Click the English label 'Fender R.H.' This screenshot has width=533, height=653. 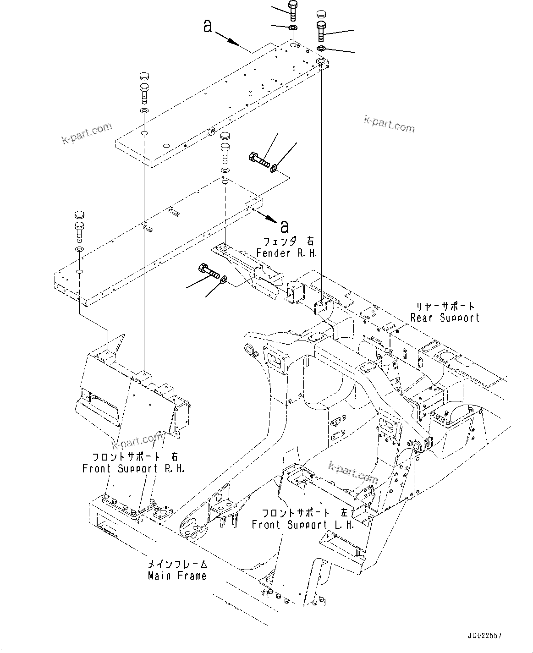point(286,253)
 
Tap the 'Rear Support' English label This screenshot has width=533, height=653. point(445,318)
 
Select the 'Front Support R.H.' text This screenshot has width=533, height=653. point(133,468)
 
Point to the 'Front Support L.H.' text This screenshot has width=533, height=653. point(303,525)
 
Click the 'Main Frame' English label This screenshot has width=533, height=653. point(177,576)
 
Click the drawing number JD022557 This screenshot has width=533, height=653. point(485,636)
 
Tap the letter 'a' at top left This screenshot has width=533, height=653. point(208,27)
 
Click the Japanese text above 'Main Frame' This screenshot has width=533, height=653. point(177,565)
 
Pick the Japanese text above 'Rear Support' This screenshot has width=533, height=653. point(445,306)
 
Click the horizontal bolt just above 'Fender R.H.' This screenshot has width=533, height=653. point(259,160)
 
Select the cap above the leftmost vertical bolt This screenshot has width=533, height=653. point(79,215)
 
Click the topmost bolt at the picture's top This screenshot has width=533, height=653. point(293,9)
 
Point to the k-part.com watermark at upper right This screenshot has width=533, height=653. point(389,124)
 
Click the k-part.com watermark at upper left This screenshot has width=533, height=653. point(87,133)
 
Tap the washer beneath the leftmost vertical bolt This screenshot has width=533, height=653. point(79,249)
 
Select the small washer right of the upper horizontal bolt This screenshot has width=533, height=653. point(274,168)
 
